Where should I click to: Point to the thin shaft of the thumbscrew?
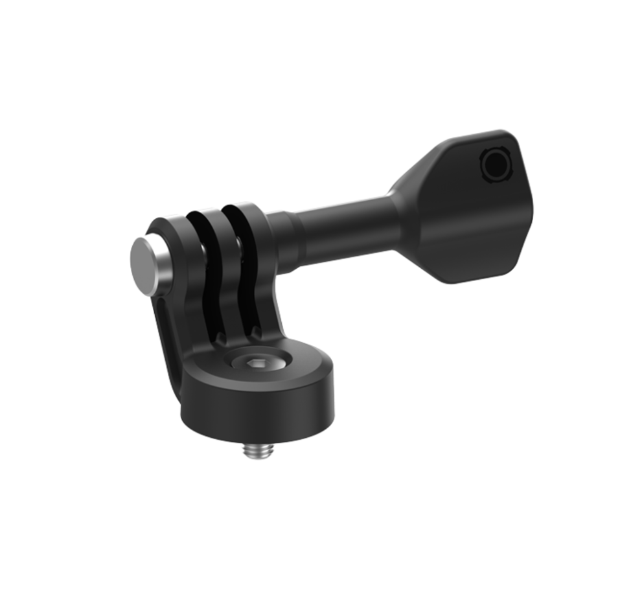[x=343, y=227]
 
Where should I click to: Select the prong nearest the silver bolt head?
[x=175, y=272]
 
